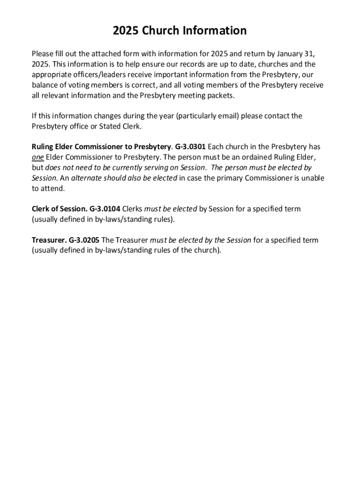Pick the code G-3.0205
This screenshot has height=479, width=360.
pyautogui.click(x=84, y=240)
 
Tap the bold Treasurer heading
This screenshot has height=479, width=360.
pyautogui.click(x=49, y=240)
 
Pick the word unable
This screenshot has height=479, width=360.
pyautogui.click(x=313, y=178)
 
